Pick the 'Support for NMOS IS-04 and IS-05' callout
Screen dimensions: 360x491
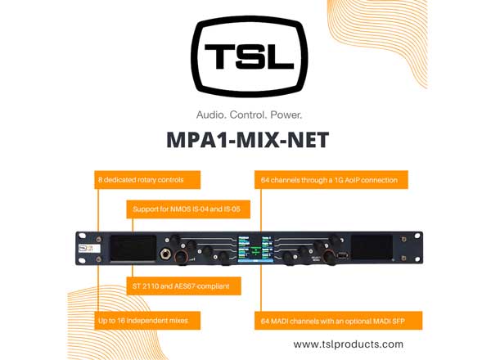(188, 210)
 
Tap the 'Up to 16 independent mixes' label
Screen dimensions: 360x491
(147, 320)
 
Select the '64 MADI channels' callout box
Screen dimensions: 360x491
(338, 320)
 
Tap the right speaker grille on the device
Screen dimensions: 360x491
(372, 248)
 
